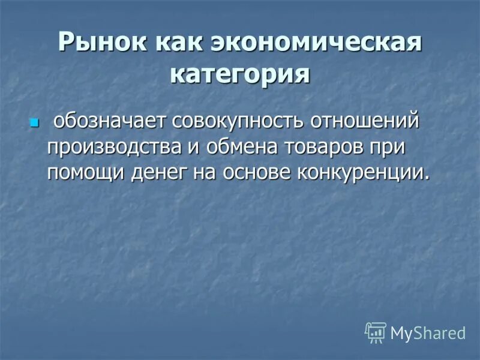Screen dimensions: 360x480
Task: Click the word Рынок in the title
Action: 102,43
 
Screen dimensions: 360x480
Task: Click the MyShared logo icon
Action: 375,332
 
